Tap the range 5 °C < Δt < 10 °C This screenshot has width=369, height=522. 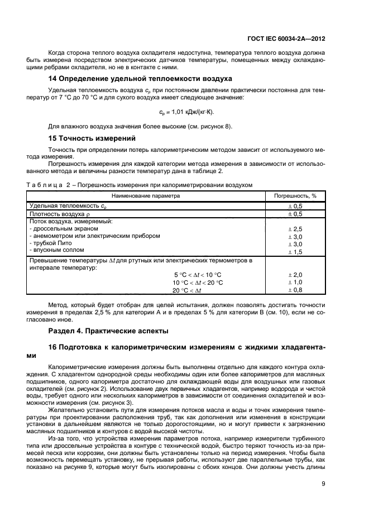point(198,275)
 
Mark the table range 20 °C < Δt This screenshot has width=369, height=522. point(188,290)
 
